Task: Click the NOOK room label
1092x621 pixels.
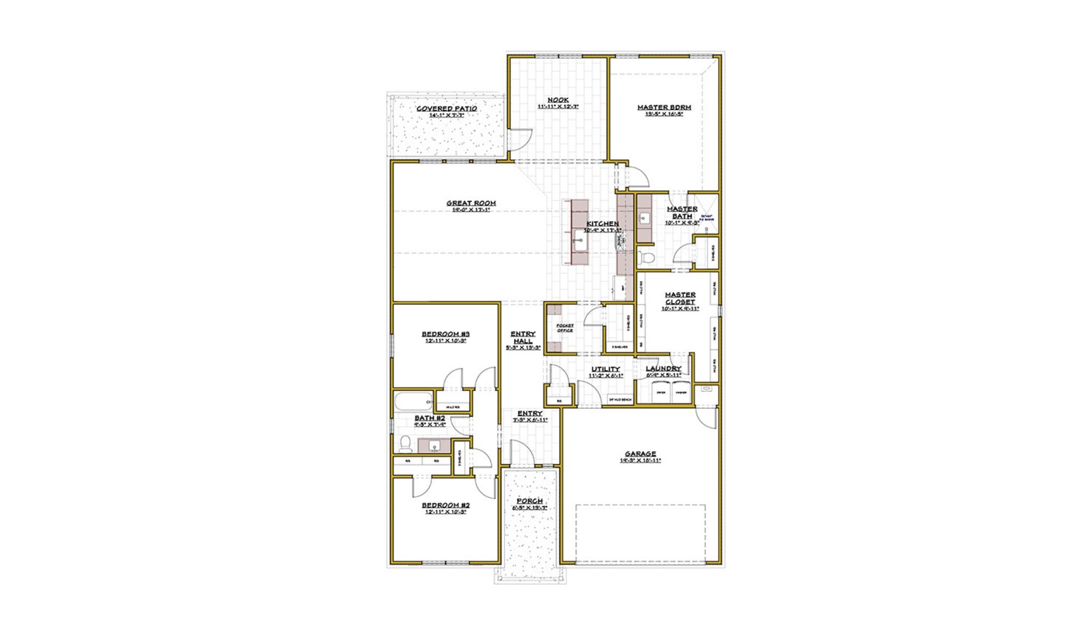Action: tap(558, 100)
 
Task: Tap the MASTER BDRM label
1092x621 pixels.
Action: tap(664, 108)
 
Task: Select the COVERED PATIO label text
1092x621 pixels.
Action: tap(447, 109)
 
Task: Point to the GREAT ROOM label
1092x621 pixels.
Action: tap(471, 203)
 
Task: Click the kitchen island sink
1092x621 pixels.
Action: tap(580, 241)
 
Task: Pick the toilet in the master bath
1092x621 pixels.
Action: tap(646, 257)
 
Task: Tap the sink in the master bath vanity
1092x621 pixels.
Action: tap(644, 218)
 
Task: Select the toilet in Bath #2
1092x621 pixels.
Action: tap(405, 444)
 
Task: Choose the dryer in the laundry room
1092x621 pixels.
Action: tap(661, 392)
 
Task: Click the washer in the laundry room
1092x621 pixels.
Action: tap(681, 392)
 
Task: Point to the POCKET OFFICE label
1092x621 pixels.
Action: tap(565, 328)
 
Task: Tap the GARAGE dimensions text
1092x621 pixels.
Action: tap(640, 460)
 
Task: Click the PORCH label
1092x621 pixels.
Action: tap(530, 501)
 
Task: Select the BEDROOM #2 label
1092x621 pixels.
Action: tap(446, 505)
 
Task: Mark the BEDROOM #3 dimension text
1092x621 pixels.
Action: tap(446, 341)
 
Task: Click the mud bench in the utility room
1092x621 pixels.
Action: tap(620, 400)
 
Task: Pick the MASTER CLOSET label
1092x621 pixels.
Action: tap(680, 298)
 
